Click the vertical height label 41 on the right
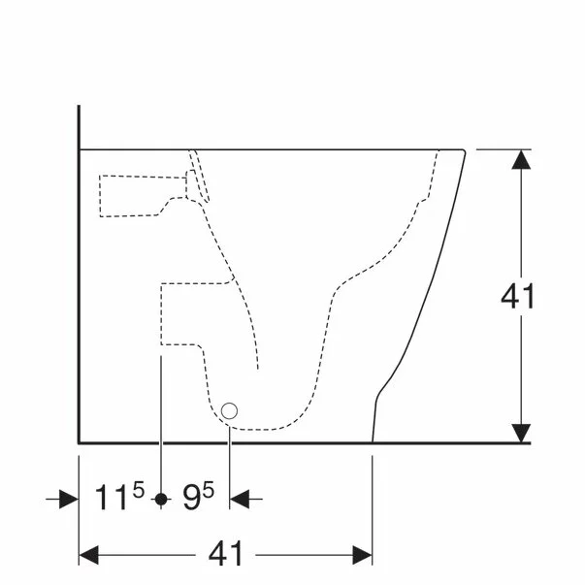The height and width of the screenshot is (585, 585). pos(519,297)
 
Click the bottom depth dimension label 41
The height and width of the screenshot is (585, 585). pos(225,555)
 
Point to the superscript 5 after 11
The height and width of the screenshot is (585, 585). pos(139,491)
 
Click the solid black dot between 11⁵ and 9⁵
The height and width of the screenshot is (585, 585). pos(161,499)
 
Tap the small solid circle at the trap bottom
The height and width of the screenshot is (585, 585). pos(230,411)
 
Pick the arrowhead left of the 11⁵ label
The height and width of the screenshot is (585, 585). pos(68,499)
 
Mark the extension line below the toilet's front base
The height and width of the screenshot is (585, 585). pos(374,504)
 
